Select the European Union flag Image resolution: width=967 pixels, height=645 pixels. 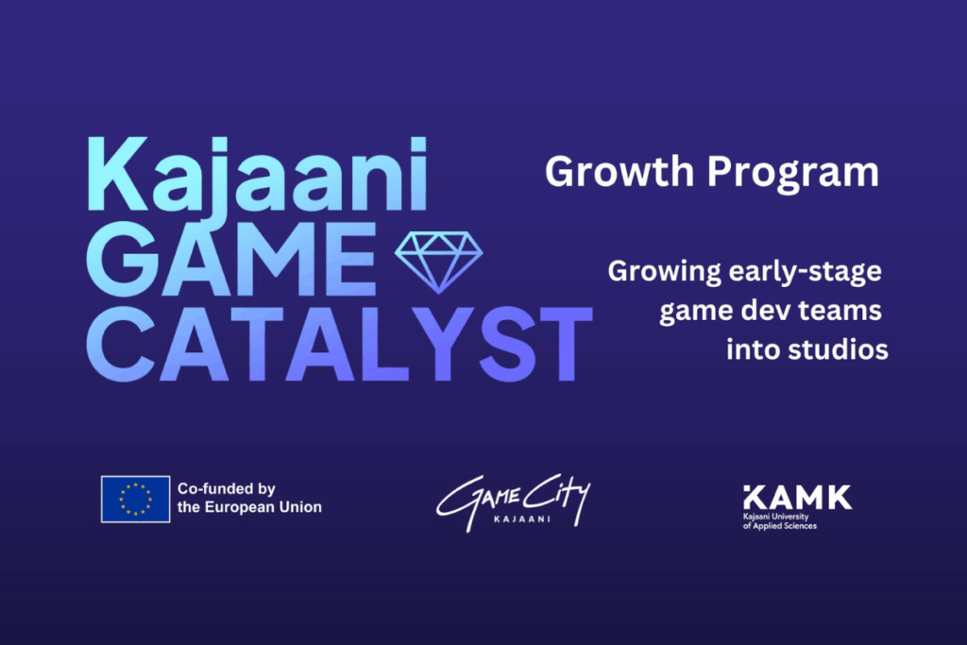[136, 499]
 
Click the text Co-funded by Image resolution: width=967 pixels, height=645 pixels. [226, 488]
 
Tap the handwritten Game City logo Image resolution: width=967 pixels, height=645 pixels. [513, 498]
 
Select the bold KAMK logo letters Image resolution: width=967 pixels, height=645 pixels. [796, 497]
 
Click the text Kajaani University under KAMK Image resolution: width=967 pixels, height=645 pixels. [776, 518]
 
